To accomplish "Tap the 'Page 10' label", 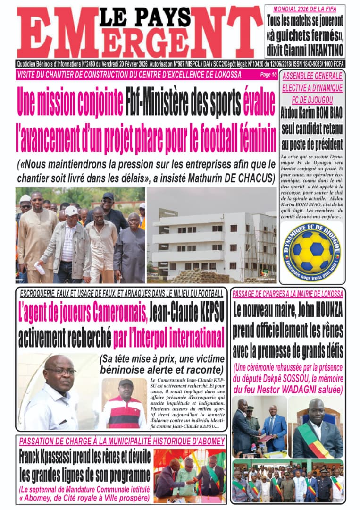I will coord(268,75).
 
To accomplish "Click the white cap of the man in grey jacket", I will coord(71,211).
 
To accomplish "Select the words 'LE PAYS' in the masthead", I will coord(144,17).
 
